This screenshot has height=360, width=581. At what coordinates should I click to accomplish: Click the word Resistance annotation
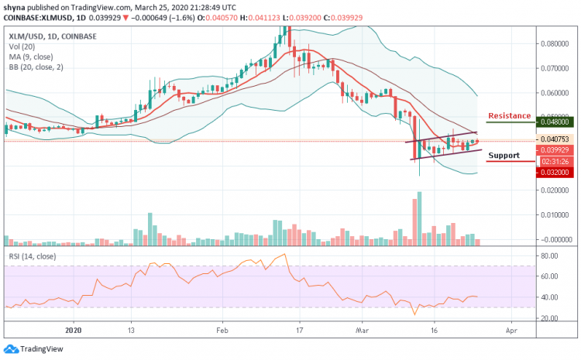click(509, 115)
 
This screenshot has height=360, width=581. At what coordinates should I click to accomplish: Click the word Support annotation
click(504, 156)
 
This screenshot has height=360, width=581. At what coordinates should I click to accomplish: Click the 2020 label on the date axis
click(74, 327)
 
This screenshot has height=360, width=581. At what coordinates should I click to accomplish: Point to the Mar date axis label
click(363, 327)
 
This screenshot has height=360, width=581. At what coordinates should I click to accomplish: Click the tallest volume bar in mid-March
click(418, 219)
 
